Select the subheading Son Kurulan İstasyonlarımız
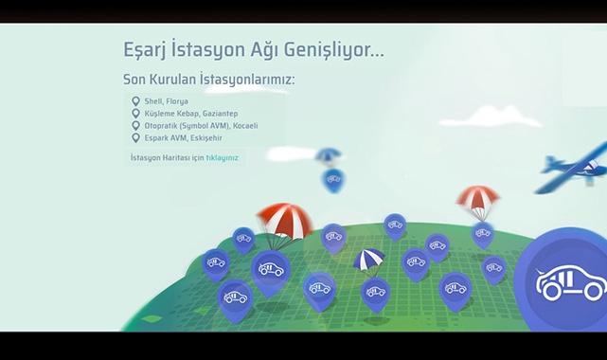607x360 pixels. point(208,79)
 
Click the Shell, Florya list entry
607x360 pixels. point(166,101)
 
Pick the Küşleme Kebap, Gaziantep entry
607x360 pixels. point(191,114)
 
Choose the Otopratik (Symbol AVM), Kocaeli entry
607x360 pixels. point(201,126)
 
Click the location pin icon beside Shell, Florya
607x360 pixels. point(136,101)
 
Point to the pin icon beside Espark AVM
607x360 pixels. point(136,138)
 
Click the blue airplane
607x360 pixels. point(576,166)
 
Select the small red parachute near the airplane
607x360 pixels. point(477,199)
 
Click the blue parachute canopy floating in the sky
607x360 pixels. point(329,155)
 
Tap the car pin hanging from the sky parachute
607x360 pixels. point(333,179)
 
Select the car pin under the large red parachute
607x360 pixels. point(271,269)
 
